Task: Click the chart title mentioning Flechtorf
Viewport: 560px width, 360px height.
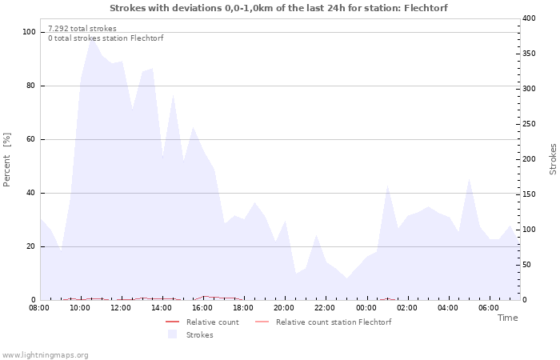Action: pos(278,8)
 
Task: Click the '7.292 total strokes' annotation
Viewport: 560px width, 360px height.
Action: pos(82,29)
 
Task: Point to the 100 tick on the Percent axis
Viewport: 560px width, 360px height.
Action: pos(30,32)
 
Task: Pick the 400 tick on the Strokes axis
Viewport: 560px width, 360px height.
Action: pos(530,18)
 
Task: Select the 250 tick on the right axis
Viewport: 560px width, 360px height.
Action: pos(530,124)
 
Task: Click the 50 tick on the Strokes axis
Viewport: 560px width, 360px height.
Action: pos(527,265)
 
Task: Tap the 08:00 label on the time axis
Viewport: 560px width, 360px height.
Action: pos(39,307)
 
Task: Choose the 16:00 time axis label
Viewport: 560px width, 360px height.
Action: pos(202,307)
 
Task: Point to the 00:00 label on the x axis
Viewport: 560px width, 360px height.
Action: pos(366,307)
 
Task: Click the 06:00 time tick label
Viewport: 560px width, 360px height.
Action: pos(488,307)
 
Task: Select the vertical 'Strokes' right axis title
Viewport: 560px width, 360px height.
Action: pos(553,159)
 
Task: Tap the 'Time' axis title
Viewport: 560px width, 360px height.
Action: pos(507,318)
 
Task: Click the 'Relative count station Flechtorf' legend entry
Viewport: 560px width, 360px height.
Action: pos(333,322)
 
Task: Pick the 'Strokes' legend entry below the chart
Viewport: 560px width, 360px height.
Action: pos(199,335)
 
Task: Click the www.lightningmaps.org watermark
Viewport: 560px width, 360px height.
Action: pos(45,354)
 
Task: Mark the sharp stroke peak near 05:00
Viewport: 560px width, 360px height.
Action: pos(469,178)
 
